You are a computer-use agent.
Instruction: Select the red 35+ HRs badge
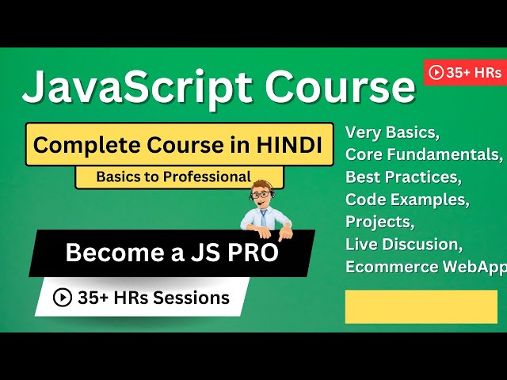tap(465, 73)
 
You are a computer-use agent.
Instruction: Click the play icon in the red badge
tap(436, 73)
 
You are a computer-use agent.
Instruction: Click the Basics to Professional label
tap(173, 177)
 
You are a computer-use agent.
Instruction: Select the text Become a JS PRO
tap(171, 253)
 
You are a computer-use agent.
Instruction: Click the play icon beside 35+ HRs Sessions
tap(63, 298)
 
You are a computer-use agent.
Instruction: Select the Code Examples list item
tap(407, 198)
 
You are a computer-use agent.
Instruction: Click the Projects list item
tap(378, 220)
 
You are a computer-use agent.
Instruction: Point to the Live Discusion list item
tap(404, 243)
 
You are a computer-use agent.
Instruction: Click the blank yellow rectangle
tap(421, 306)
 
